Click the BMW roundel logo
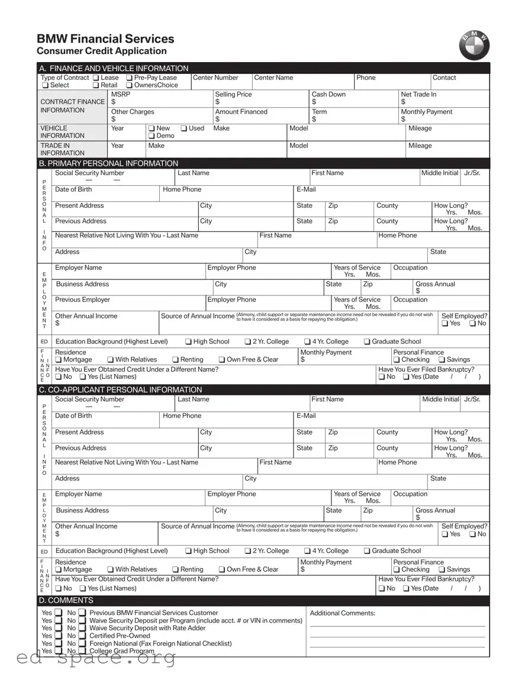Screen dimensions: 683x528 click(x=474, y=45)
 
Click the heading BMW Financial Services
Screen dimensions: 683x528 click(x=105, y=39)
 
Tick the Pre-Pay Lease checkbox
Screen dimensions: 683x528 click(x=129, y=78)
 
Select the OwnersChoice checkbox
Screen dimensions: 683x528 click(x=129, y=85)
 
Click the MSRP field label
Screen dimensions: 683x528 click(x=120, y=95)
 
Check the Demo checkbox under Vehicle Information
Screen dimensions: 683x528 click(x=152, y=136)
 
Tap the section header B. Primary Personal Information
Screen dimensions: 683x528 click(x=108, y=163)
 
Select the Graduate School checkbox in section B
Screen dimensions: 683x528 click(x=367, y=341)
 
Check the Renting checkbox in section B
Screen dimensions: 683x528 click(x=176, y=360)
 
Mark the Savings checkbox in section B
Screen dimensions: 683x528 click(x=442, y=360)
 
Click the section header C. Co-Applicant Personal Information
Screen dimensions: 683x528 click(x=120, y=389)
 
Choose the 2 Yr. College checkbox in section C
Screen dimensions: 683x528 click(x=248, y=551)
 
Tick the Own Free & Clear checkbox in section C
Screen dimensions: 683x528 click(x=221, y=570)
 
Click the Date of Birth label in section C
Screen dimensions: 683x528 click(x=73, y=416)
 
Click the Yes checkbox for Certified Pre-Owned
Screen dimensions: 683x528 click(x=59, y=636)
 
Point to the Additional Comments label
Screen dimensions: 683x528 click(x=342, y=613)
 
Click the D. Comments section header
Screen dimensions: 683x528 click(x=66, y=600)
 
